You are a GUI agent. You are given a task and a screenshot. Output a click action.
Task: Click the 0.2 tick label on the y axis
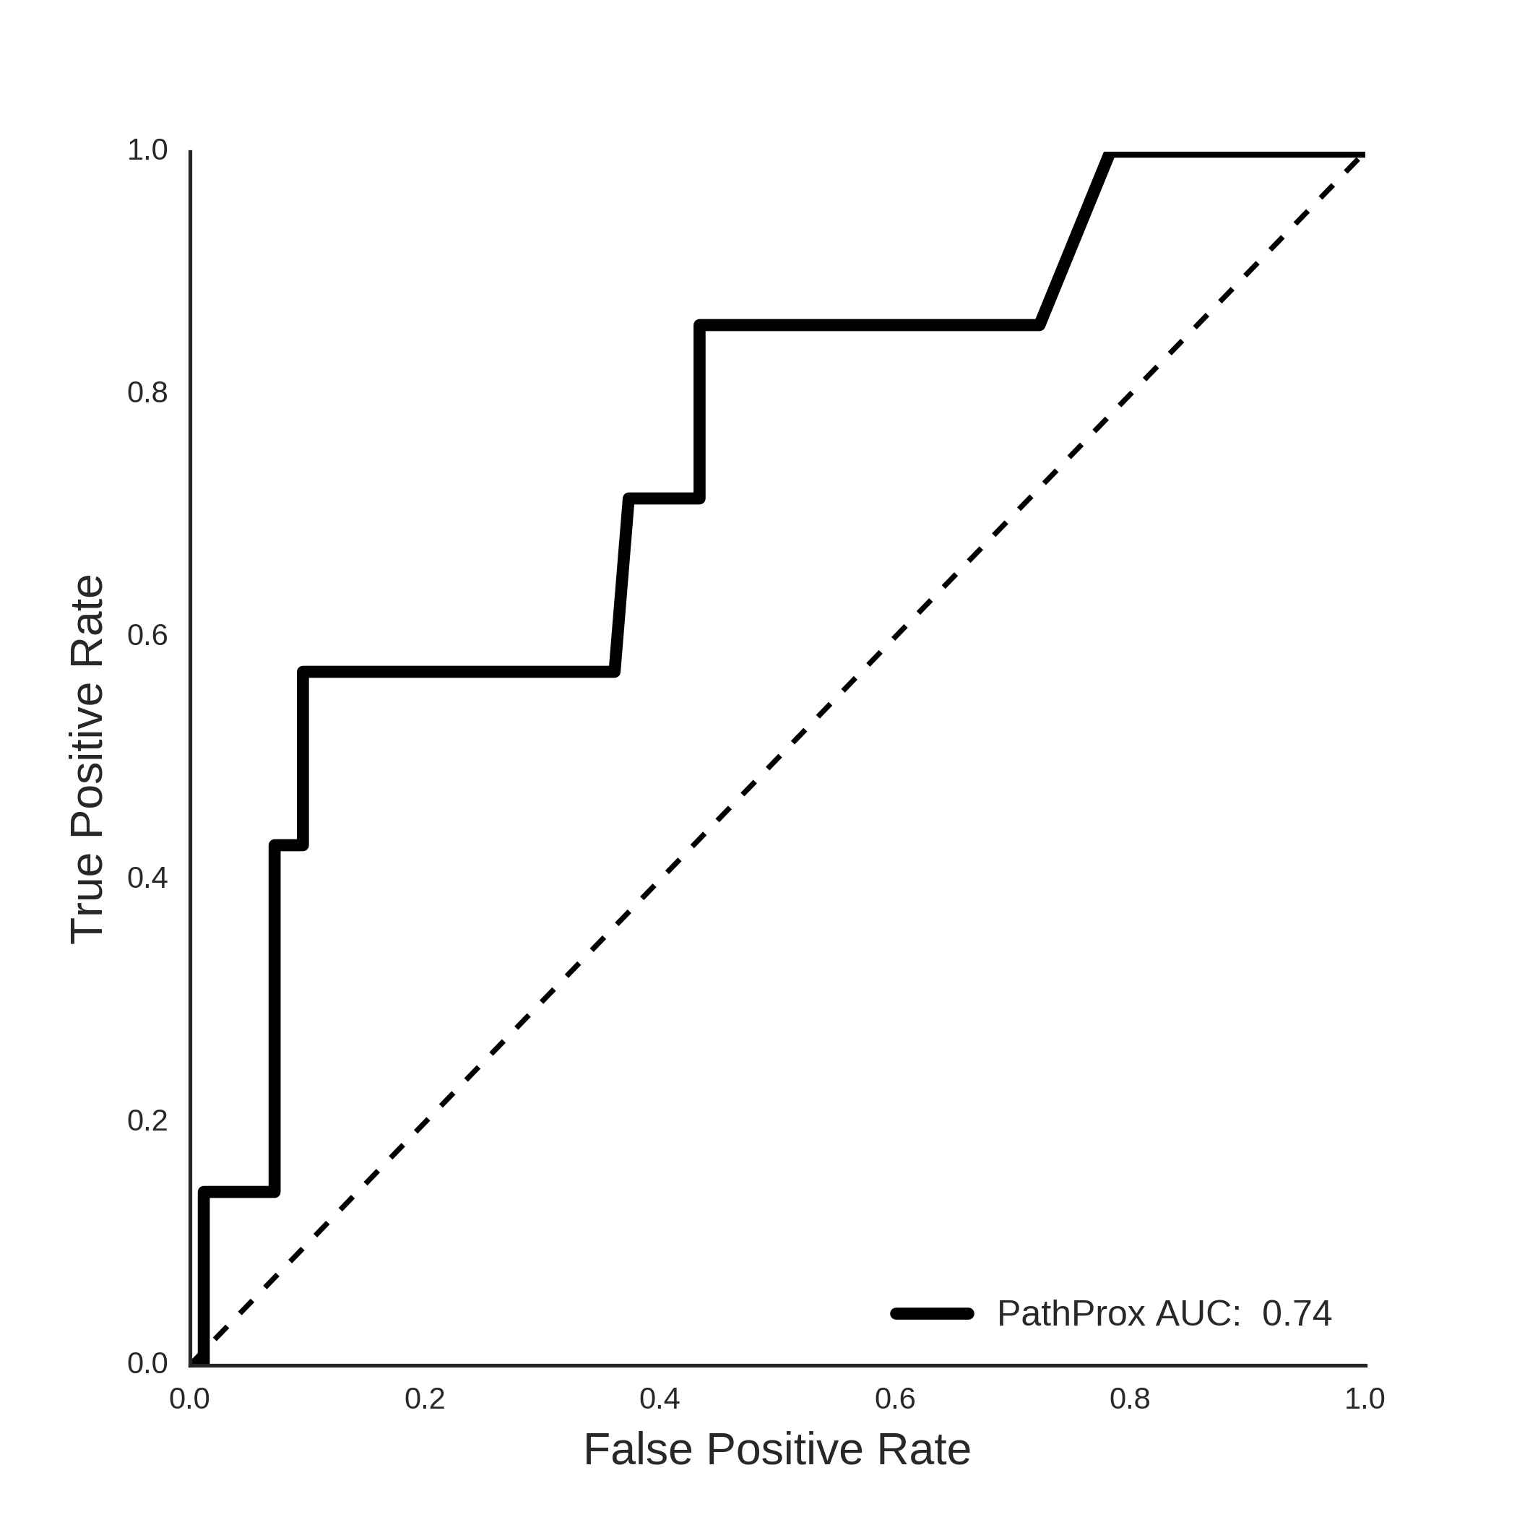(147, 1121)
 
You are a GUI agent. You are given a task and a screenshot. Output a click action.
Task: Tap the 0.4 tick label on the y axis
(147, 878)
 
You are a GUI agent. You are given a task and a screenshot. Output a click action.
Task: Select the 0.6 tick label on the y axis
(147, 635)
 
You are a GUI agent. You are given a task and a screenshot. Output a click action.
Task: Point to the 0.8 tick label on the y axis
(147, 392)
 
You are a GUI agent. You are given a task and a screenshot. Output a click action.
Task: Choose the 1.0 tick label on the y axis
(147, 150)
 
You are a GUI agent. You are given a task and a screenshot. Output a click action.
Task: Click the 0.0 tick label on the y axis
(147, 1364)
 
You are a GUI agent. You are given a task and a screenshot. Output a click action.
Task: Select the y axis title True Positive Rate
(87, 759)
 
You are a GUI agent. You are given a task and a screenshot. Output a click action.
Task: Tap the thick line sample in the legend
(932, 1313)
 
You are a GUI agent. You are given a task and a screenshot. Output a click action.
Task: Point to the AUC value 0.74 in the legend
(1297, 1313)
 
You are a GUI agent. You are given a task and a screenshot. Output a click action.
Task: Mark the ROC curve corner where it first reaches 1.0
(1109, 155)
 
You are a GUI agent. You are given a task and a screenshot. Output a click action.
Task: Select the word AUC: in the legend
(1198, 1313)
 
